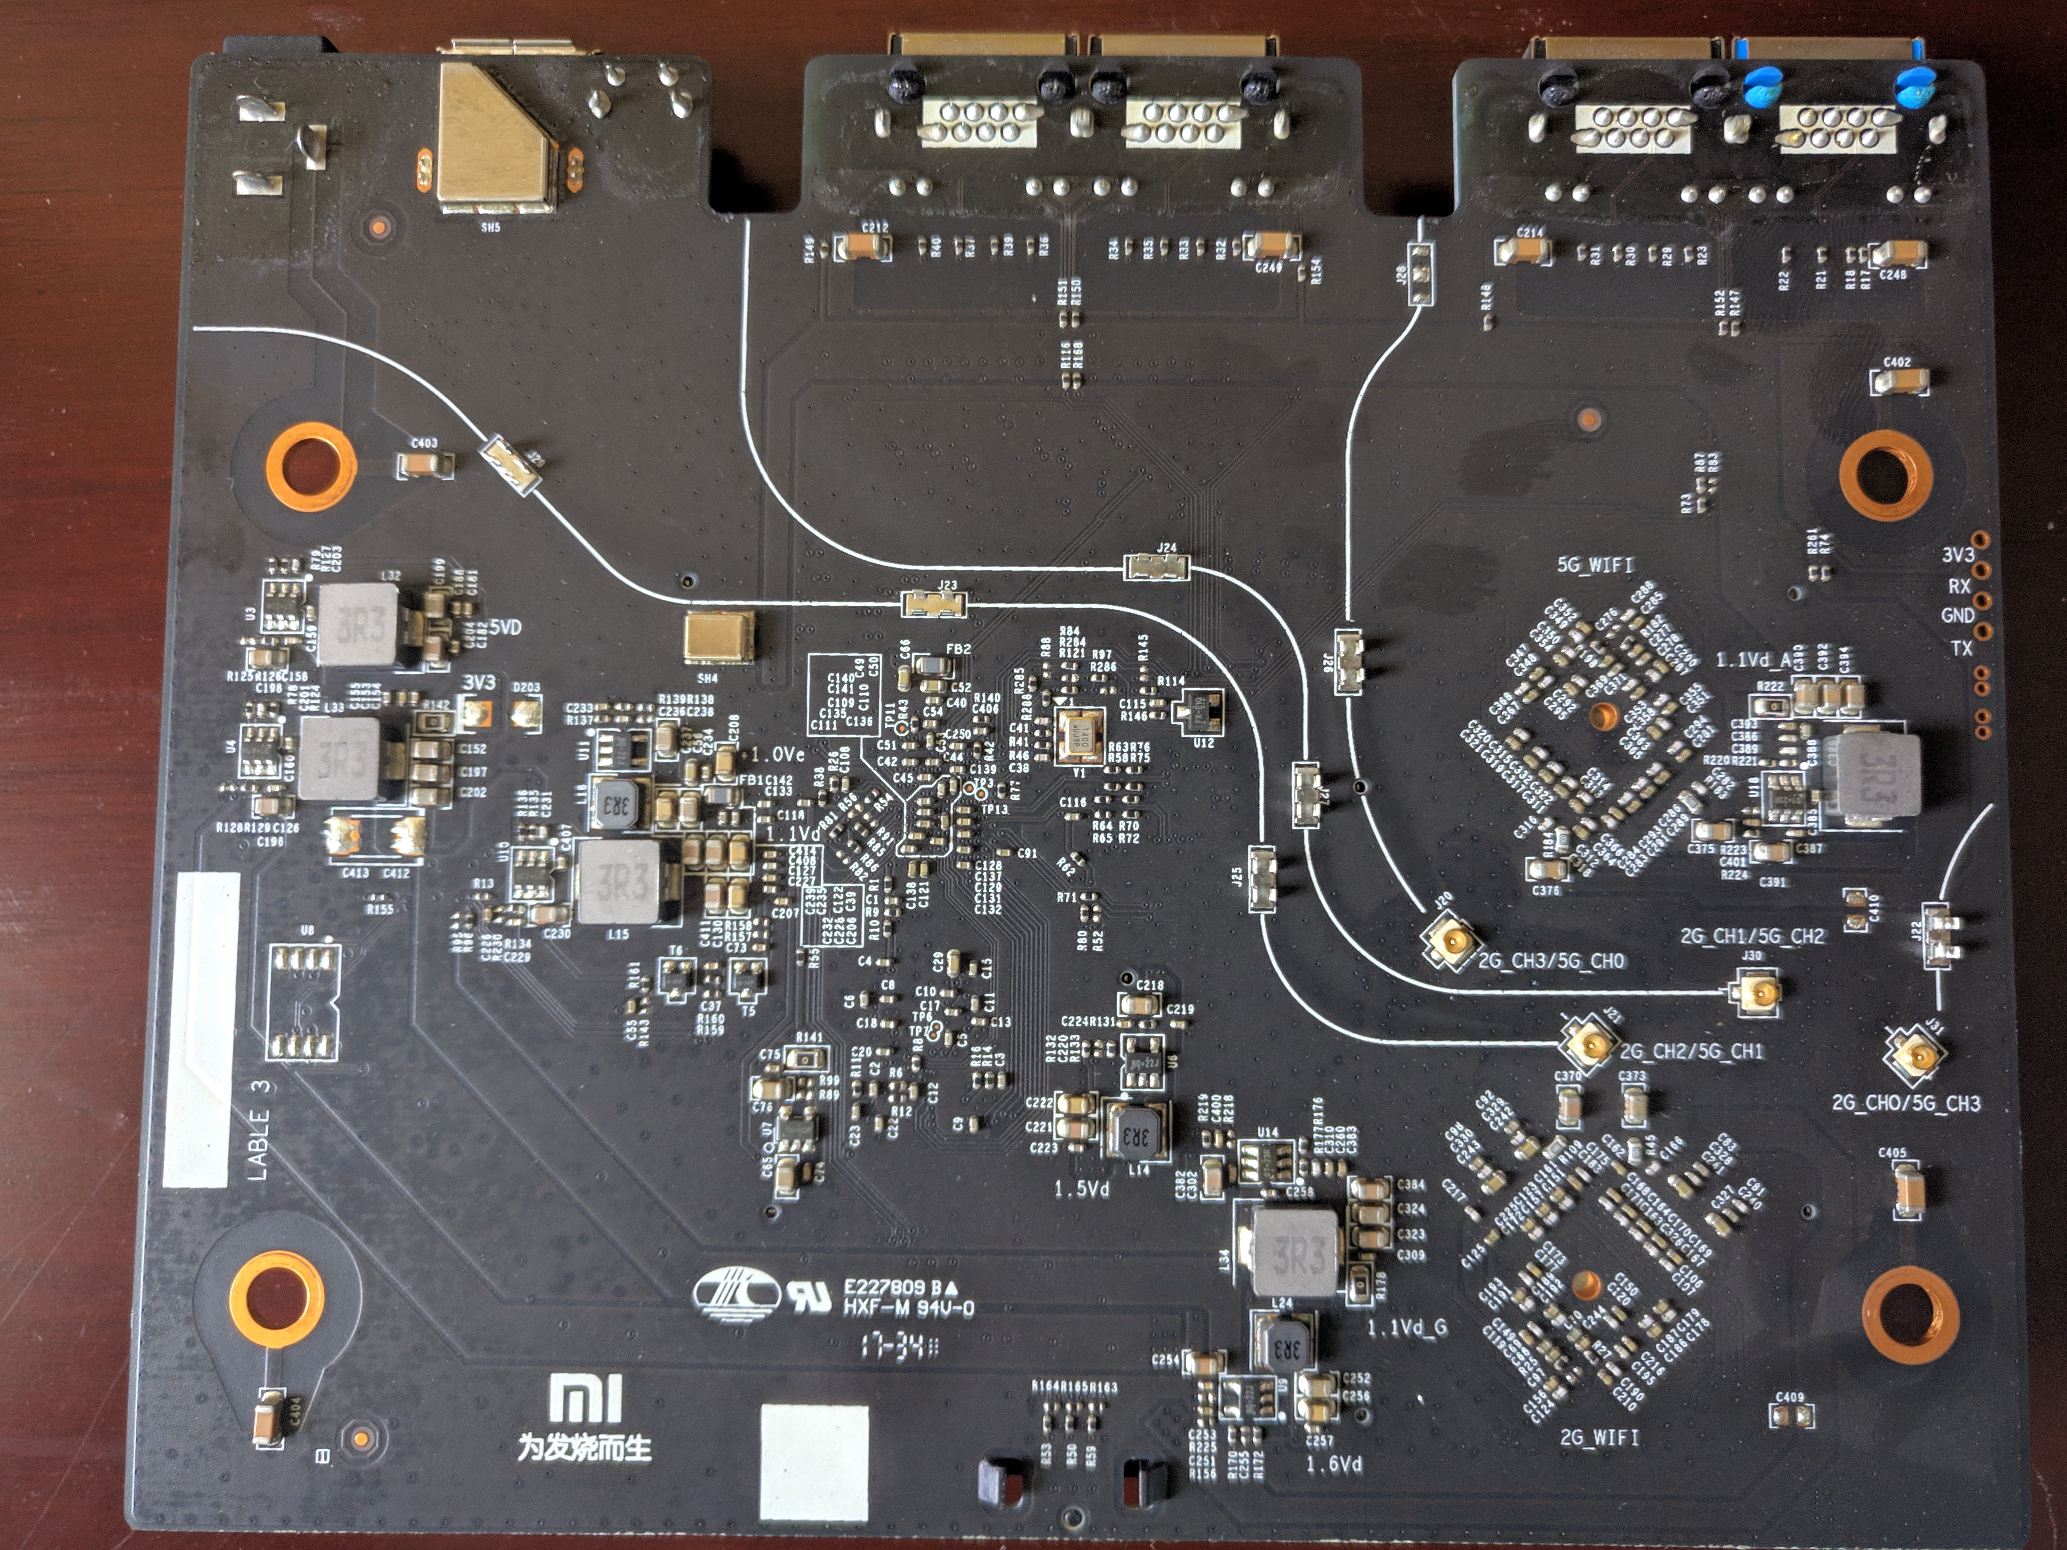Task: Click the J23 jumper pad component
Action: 934,604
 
